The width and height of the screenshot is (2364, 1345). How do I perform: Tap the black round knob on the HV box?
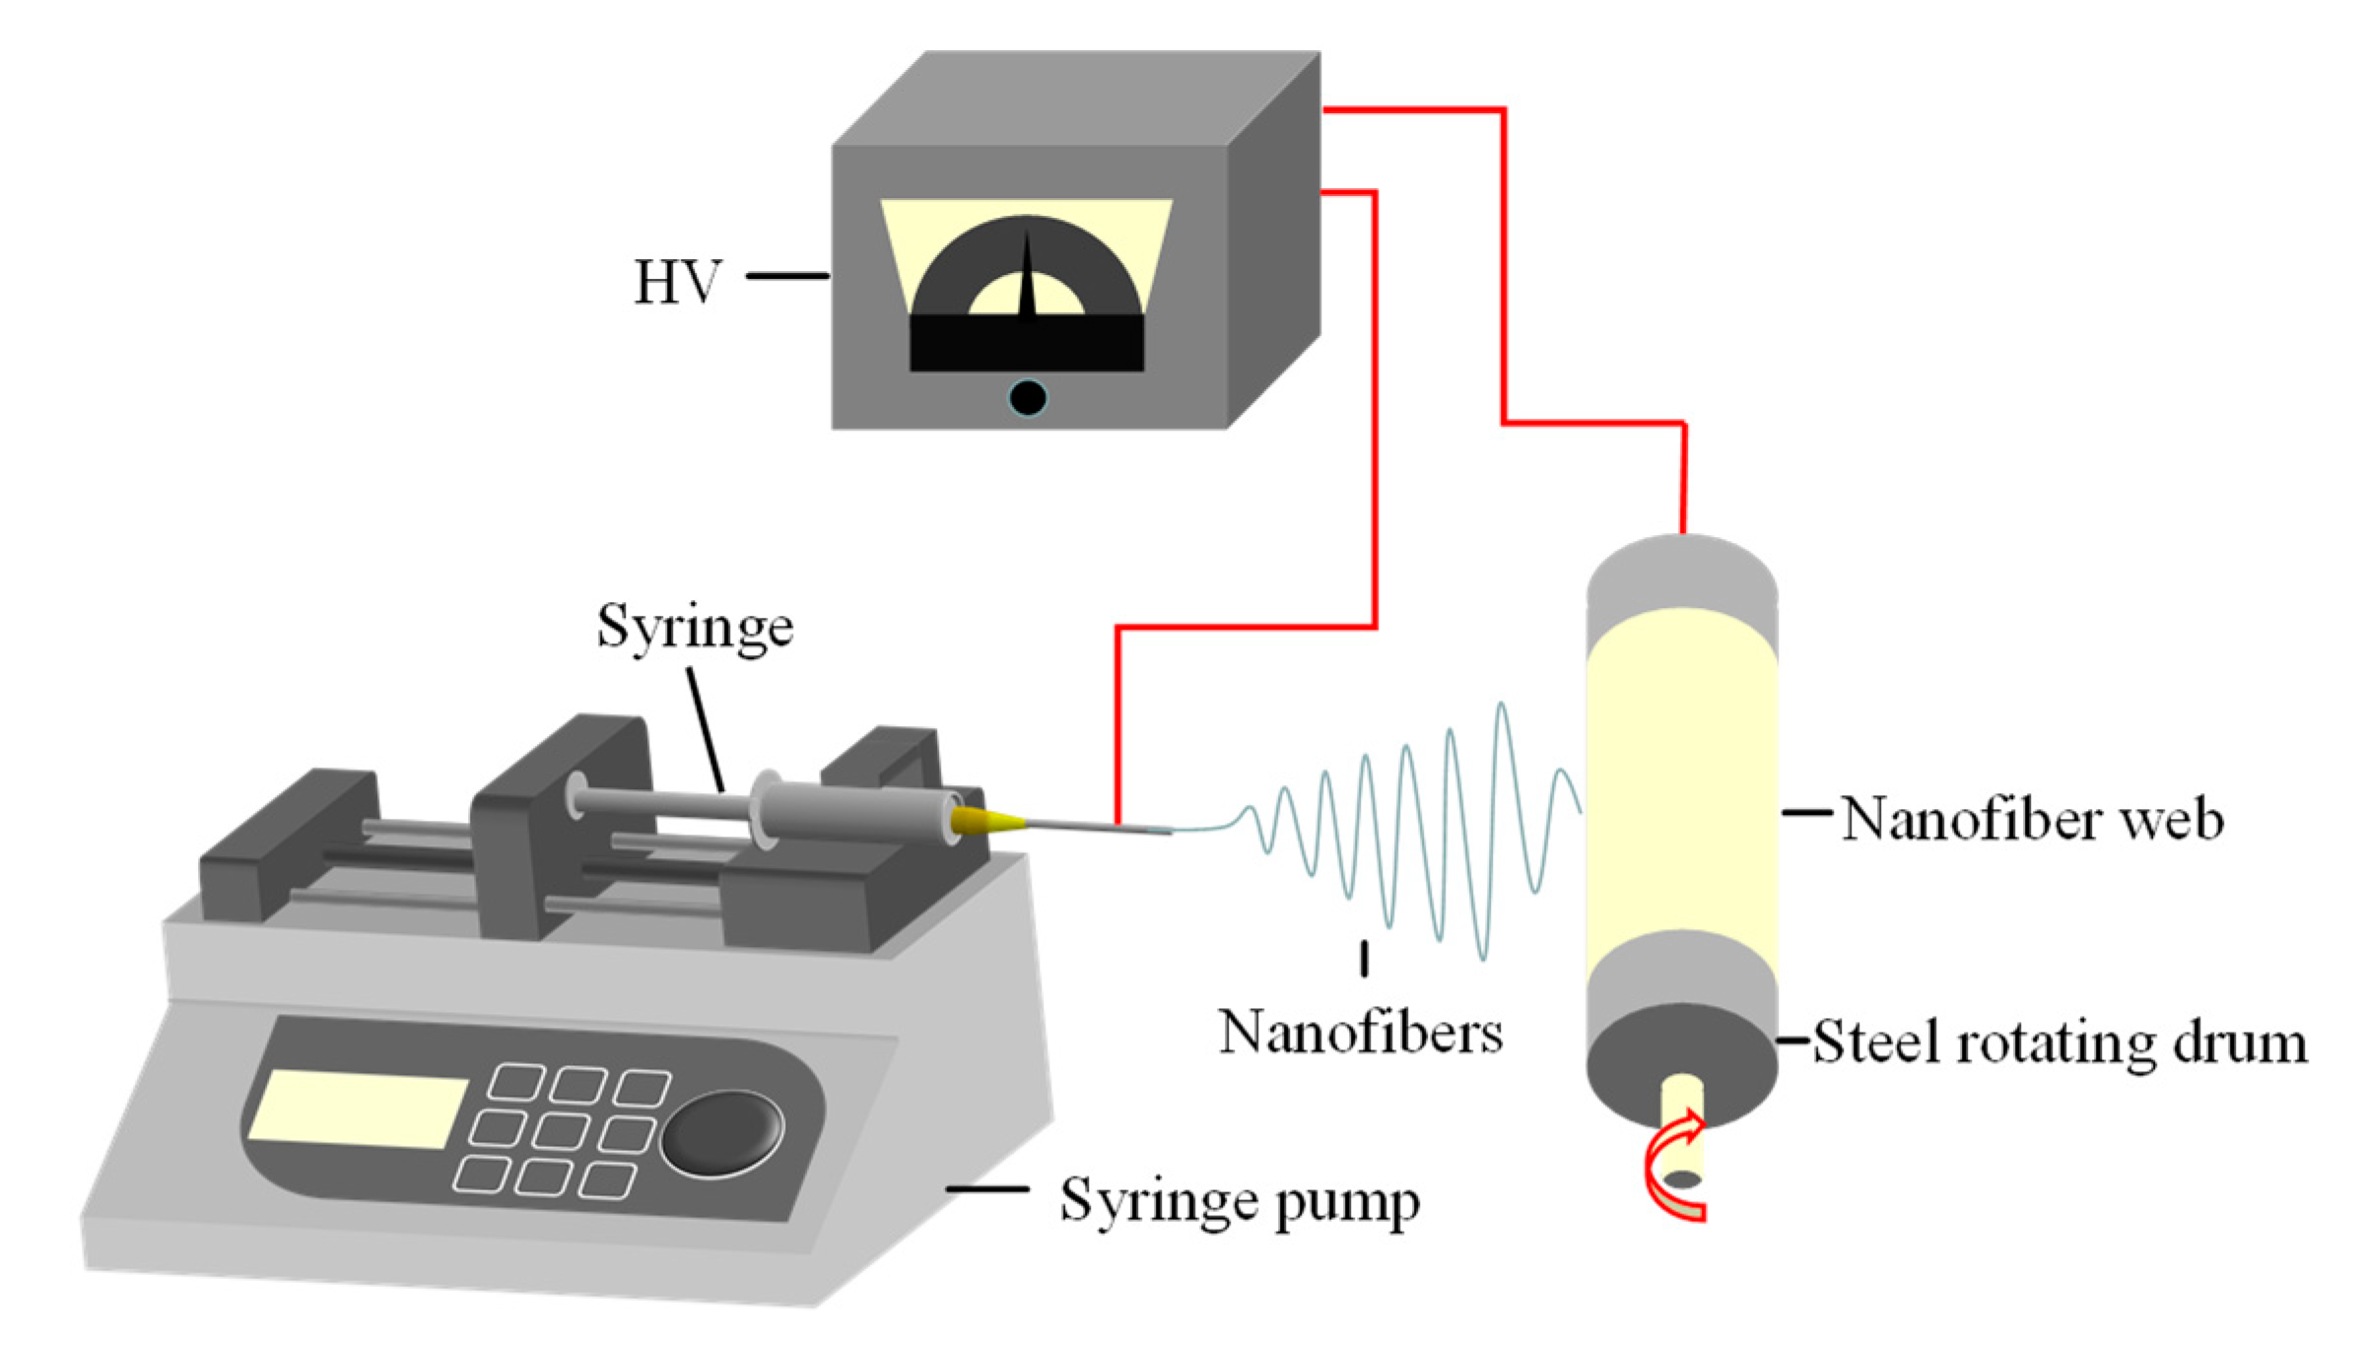point(1027,398)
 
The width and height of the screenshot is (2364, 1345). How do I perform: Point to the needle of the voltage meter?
point(1027,281)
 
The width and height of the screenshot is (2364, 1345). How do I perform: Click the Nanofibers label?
point(1360,1033)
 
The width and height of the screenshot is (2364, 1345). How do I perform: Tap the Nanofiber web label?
point(2032,818)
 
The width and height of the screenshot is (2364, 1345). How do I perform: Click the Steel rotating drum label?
point(2060,1042)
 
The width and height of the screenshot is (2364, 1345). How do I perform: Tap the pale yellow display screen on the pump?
point(357,1109)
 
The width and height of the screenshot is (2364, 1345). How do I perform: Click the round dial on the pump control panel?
point(722,1133)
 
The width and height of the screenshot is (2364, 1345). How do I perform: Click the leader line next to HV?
point(786,277)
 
